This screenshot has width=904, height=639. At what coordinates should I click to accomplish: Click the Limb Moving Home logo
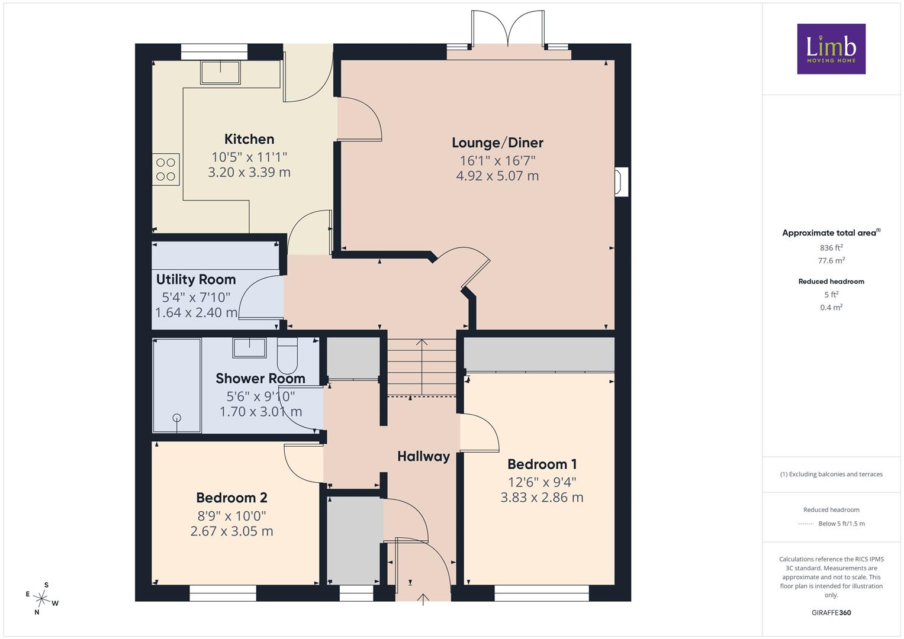(x=831, y=49)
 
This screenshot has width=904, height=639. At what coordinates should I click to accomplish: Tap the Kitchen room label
(x=249, y=139)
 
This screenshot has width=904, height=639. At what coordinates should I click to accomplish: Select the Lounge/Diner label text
(x=497, y=143)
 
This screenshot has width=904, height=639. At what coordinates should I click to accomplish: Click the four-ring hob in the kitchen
(x=166, y=169)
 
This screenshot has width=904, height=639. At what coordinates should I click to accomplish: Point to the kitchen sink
(x=220, y=73)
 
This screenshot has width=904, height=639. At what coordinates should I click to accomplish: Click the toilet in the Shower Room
(x=287, y=356)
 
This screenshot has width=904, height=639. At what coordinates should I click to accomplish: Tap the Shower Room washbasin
(x=249, y=348)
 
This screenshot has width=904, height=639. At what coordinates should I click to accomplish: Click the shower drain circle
(x=177, y=418)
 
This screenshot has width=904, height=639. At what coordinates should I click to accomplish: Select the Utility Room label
(x=196, y=279)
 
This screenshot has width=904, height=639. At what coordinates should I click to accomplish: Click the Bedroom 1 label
(x=542, y=464)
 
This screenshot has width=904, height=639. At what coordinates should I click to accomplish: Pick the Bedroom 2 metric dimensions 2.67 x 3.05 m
(x=231, y=531)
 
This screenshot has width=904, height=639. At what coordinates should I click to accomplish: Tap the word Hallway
(x=423, y=456)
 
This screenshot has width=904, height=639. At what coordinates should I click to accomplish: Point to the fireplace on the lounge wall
(x=621, y=182)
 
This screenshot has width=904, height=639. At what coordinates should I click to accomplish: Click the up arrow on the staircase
(x=422, y=367)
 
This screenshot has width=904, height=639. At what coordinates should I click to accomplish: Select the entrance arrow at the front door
(x=423, y=599)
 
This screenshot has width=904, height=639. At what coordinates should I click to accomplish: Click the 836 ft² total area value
(x=831, y=248)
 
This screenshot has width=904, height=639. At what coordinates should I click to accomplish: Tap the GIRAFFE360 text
(x=831, y=613)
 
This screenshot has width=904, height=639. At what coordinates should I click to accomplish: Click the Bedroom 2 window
(x=223, y=593)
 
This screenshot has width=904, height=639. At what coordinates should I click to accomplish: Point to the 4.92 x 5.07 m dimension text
(x=497, y=176)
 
